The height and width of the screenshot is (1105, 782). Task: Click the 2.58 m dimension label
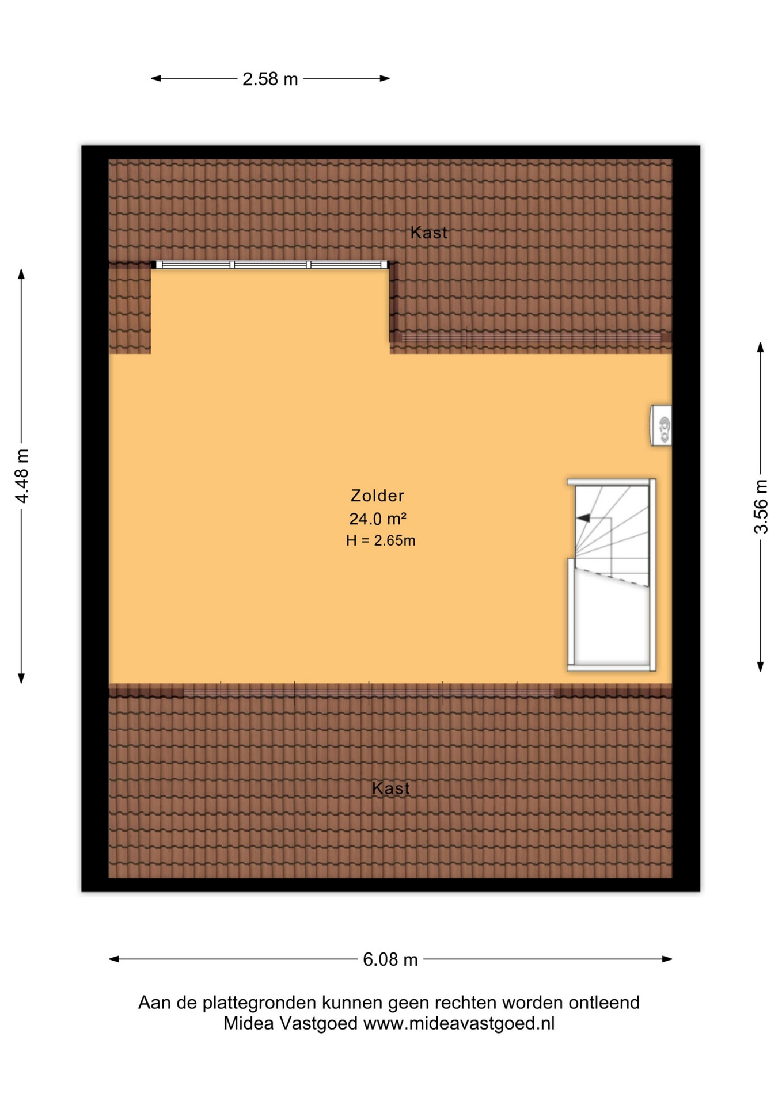(270, 79)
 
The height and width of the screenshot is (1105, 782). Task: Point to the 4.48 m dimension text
(21, 476)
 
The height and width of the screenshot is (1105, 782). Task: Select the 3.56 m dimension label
(761, 506)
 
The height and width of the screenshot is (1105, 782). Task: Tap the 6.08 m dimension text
(390, 959)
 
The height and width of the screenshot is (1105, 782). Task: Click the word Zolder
(378, 496)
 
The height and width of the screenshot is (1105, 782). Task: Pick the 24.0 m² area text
(378, 519)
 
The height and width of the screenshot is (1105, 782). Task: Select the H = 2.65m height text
(381, 540)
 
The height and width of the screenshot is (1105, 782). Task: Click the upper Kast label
(429, 233)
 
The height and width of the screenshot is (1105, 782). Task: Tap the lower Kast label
(391, 788)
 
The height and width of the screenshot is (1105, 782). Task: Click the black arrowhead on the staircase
(583, 518)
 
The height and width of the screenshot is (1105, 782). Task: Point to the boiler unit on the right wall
(661, 425)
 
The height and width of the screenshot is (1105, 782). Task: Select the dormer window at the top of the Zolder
(270, 265)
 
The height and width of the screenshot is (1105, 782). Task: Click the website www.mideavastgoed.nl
(459, 1023)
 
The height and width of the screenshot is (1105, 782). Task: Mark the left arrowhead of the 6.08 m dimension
(114, 959)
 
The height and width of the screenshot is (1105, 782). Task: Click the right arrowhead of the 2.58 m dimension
(385, 78)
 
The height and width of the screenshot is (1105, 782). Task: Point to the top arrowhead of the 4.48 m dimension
(21, 274)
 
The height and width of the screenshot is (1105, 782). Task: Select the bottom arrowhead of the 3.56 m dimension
(760, 666)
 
